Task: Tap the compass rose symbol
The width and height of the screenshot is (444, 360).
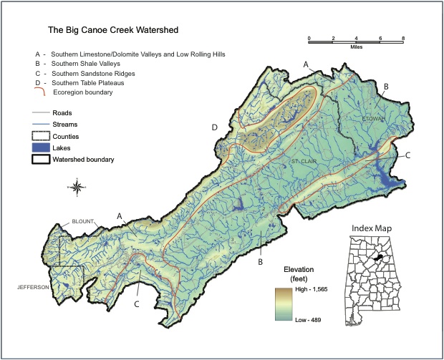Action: (x=77, y=189)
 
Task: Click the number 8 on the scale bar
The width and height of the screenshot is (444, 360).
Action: (x=402, y=37)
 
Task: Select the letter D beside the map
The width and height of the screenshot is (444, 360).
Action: (x=215, y=127)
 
